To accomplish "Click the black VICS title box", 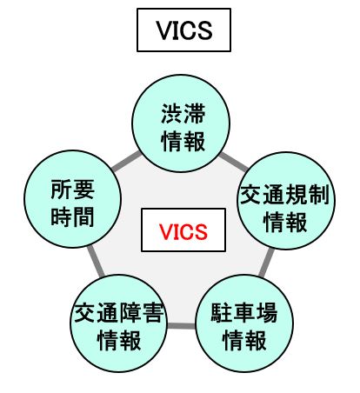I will point(183,31).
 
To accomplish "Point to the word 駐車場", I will point(244,312).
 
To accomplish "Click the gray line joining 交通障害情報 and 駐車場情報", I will point(183,326).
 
